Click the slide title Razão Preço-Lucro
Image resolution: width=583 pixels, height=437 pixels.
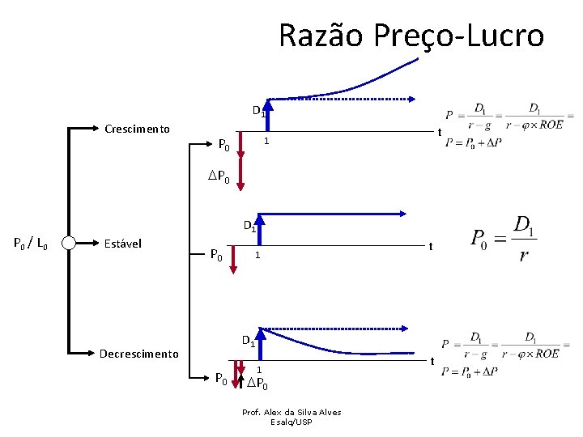coord(411,36)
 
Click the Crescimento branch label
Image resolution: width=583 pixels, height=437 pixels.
coord(138,128)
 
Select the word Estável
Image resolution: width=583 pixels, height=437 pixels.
coord(124,243)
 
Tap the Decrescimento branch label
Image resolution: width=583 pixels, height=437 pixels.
coord(138,354)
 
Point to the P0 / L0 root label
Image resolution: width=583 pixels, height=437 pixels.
coord(32,243)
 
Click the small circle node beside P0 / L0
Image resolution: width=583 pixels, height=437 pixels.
coord(69,243)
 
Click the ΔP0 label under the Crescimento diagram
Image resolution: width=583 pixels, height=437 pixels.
coord(219,178)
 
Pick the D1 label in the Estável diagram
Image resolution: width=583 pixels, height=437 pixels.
coord(251,227)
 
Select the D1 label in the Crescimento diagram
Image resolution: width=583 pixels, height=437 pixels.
coord(258,111)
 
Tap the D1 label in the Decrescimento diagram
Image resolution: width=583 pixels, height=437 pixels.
coord(249,341)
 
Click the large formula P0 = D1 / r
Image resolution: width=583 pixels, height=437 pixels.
coord(503,240)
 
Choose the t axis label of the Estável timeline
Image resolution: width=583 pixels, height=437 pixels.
coord(432,246)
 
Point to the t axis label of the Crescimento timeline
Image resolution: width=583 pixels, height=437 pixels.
coord(438,133)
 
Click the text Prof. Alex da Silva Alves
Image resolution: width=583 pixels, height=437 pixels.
coord(291,412)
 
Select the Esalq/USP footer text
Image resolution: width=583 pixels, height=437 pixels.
coord(291,422)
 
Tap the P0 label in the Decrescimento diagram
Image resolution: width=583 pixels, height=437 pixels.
coord(221,379)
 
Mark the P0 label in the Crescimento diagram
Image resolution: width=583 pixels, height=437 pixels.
coord(226,146)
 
